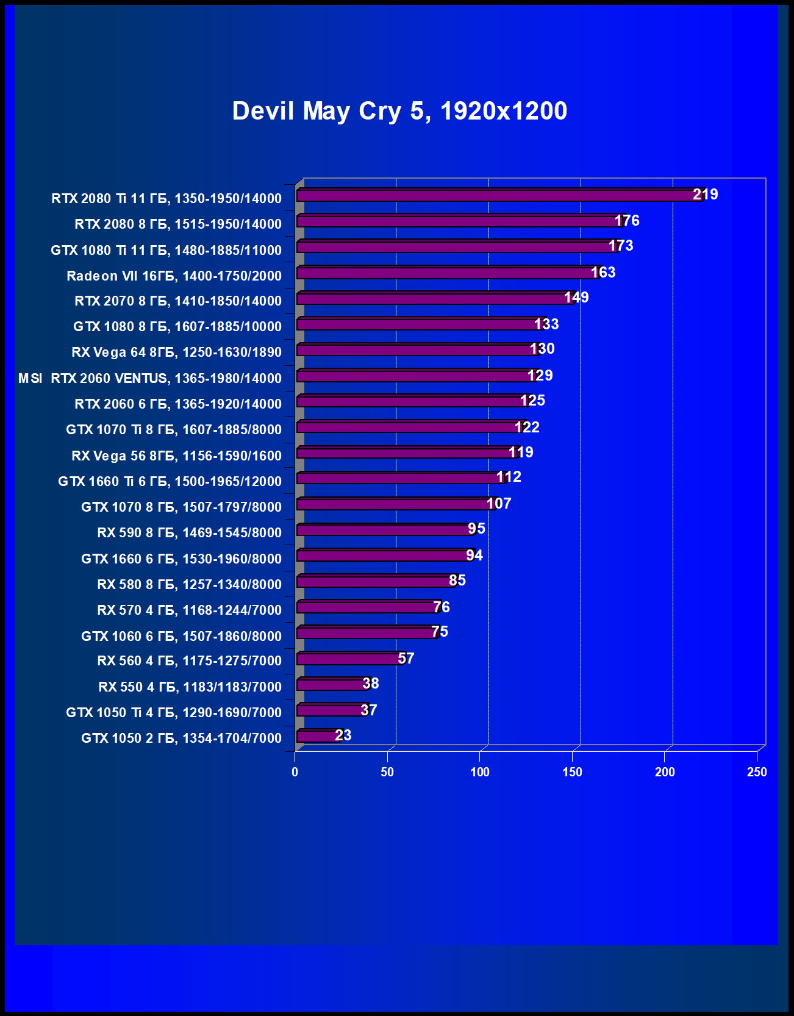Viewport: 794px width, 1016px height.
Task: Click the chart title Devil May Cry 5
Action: tap(399, 112)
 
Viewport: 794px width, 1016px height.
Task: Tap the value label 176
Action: tap(627, 221)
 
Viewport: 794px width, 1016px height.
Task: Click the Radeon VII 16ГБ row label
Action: tap(174, 276)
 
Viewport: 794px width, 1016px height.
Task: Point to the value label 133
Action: tap(546, 324)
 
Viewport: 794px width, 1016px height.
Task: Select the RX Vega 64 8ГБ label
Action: tap(176, 352)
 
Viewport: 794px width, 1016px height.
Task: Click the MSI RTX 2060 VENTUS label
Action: tap(150, 379)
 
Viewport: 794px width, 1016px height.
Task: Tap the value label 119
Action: tap(521, 453)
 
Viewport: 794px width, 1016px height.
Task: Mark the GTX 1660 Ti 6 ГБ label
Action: tap(170, 482)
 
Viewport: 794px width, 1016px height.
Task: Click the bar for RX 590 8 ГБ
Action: tap(384, 530)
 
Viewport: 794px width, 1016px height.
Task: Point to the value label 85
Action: tap(457, 581)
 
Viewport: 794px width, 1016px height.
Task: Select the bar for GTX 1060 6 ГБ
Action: tap(366, 633)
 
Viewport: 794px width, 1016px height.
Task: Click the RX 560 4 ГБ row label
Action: tap(189, 661)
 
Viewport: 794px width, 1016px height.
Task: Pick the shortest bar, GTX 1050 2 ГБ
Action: tap(317, 737)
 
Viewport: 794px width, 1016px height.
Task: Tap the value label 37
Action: tap(369, 710)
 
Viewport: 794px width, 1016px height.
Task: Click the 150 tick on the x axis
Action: tap(572, 772)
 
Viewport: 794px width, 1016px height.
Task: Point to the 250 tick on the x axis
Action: tap(757, 772)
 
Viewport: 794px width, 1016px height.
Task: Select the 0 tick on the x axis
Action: tap(295, 772)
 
